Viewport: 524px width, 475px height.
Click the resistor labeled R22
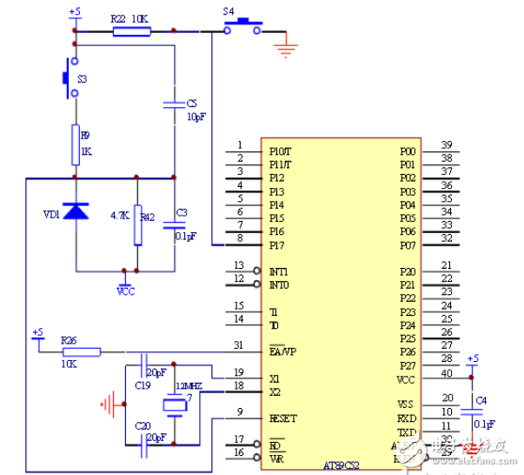pyautogui.click(x=131, y=31)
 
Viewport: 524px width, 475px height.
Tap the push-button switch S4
pyautogui.click(x=242, y=28)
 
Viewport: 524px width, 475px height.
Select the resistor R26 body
pyautogui.click(x=82, y=351)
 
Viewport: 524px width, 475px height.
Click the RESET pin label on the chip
pyautogui.click(x=283, y=418)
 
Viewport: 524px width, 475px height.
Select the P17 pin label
pyautogui.click(x=276, y=246)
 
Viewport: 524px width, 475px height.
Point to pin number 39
pyautogui.click(x=446, y=144)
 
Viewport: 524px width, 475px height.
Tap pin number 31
pyautogui.click(x=238, y=345)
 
